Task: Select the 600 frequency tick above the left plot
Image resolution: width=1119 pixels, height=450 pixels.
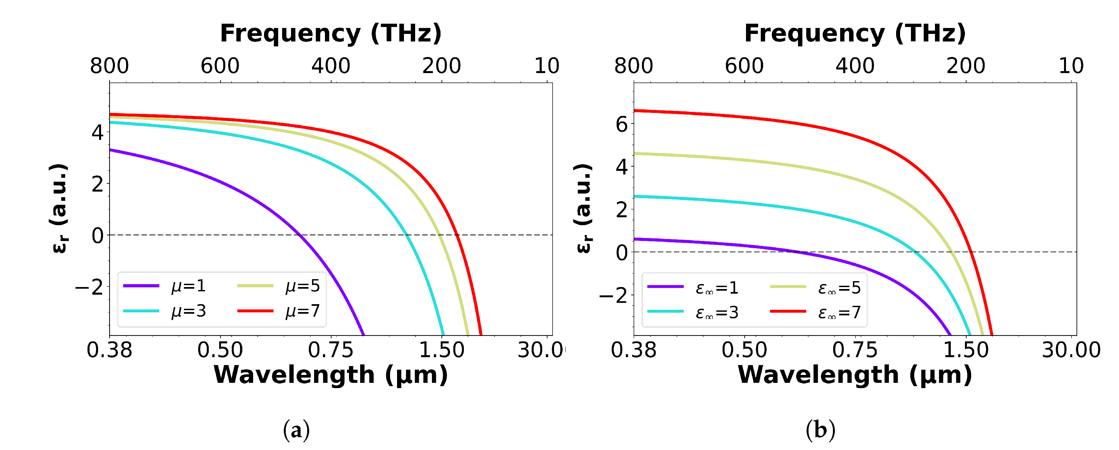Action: point(220,66)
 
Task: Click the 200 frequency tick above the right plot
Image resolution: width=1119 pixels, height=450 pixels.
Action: point(966,66)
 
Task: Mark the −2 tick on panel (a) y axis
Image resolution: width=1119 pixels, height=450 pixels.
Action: point(90,288)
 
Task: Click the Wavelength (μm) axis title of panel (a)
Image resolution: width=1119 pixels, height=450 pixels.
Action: point(331,375)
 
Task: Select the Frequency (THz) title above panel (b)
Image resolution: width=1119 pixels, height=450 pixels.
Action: point(855,34)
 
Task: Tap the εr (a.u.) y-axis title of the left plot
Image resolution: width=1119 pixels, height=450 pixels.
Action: point(59,208)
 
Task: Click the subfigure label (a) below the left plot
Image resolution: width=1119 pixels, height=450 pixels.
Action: point(296,430)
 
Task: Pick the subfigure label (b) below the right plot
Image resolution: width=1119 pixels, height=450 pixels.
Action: point(820,430)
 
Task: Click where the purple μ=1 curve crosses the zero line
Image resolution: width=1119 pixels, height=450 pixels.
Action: point(299,235)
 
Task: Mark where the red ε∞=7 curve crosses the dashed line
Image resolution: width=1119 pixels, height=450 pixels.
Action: point(971,252)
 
